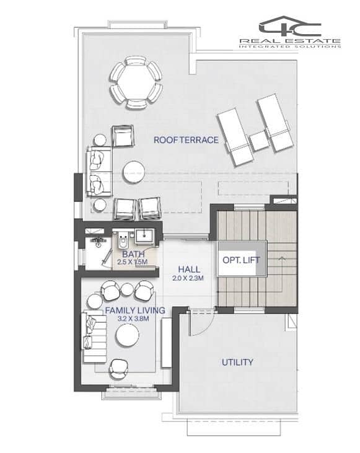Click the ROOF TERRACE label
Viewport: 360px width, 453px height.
click(186, 140)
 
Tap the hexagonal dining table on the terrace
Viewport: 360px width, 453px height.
click(136, 82)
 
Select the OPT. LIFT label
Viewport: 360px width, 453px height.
click(241, 260)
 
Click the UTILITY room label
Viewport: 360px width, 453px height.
click(237, 363)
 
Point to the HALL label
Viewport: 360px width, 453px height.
click(189, 270)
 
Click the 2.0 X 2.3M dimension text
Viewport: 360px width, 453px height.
click(188, 278)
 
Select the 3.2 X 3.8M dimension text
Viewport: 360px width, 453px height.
click(133, 319)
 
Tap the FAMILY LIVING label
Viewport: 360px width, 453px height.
click(135, 310)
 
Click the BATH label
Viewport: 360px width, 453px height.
click(133, 255)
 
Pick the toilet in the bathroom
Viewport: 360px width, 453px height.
click(123, 241)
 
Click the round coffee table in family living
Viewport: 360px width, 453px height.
click(128, 335)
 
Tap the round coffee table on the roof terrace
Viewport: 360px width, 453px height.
click(133, 172)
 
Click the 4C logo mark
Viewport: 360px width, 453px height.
click(290, 26)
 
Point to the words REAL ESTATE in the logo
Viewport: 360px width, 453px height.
click(290, 41)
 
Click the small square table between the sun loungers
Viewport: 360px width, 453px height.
click(259, 141)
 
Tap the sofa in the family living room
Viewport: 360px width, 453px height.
click(94, 337)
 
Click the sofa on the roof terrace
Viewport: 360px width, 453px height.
click(99, 172)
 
